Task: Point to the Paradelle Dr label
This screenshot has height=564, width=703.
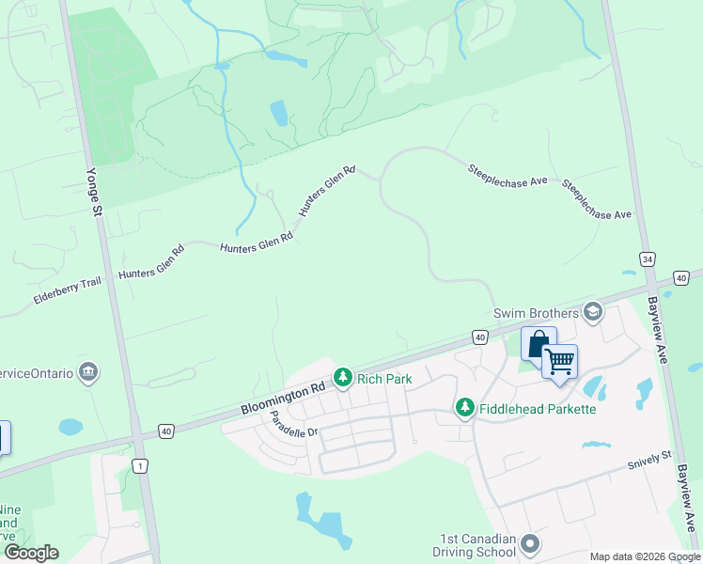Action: pyautogui.click(x=295, y=425)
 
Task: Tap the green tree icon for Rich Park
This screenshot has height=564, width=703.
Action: pyautogui.click(x=344, y=377)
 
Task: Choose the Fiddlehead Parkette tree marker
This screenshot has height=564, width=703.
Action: pyautogui.click(x=464, y=408)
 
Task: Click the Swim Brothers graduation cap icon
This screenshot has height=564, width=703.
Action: pyautogui.click(x=592, y=311)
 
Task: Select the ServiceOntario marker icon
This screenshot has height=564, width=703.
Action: pyautogui.click(x=89, y=372)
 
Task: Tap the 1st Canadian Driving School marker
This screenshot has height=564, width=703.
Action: pyautogui.click(x=530, y=544)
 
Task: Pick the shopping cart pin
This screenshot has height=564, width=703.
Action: pyautogui.click(x=559, y=362)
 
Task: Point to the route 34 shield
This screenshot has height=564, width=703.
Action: pyautogui.click(x=647, y=258)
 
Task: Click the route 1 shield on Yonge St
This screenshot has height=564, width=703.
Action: pyautogui.click(x=141, y=465)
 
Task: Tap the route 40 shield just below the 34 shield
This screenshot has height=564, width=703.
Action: pyautogui.click(x=681, y=278)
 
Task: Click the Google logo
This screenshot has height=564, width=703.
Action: pyautogui.click(x=31, y=553)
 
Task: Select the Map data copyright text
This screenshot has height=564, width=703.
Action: pyautogui.click(x=646, y=557)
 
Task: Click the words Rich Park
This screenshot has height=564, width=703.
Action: pyautogui.click(x=380, y=377)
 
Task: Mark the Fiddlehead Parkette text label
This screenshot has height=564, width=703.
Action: pyautogui.click(x=538, y=408)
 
